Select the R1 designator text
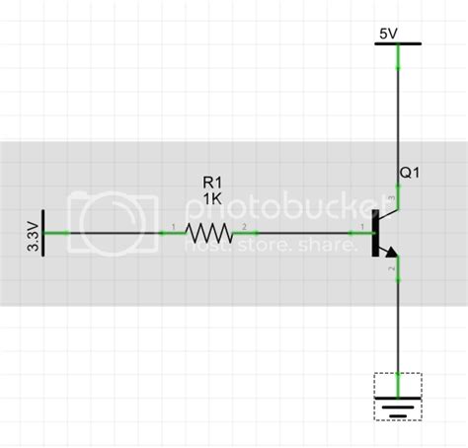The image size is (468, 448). tap(212, 183)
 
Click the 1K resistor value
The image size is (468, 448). tap(212, 198)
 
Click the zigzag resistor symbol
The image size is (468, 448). tap(209, 234)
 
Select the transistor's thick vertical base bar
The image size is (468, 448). tap(376, 234)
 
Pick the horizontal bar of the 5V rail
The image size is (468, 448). tap(397, 44)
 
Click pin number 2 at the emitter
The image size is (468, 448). tap(393, 267)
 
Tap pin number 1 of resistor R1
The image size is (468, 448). tap(174, 228)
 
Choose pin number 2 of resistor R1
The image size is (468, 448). tap(244, 228)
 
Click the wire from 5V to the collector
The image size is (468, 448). tap(397, 118)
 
